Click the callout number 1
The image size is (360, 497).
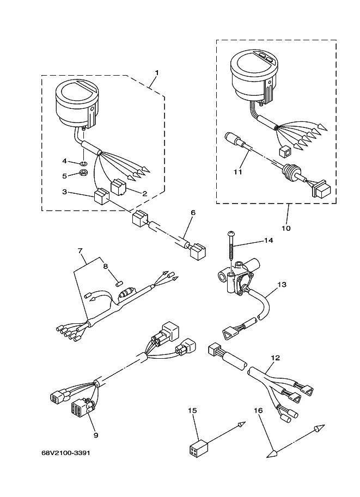(157, 72)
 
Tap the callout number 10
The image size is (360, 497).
(286, 228)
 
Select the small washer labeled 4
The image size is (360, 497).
(84, 163)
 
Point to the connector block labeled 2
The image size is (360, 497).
(118, 187)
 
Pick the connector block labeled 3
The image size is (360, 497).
(101, 197)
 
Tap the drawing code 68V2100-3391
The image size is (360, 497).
(66, 452)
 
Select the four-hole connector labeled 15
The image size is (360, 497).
(198, 448)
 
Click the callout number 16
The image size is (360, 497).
(258, 410)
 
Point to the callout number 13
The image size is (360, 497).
(282, 284)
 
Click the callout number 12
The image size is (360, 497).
(276, 358)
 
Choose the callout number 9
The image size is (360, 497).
(96, 435)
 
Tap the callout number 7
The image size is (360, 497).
(80, 251)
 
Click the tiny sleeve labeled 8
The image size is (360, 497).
(119, 284)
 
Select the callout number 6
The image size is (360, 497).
(193, 213)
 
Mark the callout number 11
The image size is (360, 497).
(238, 171)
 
